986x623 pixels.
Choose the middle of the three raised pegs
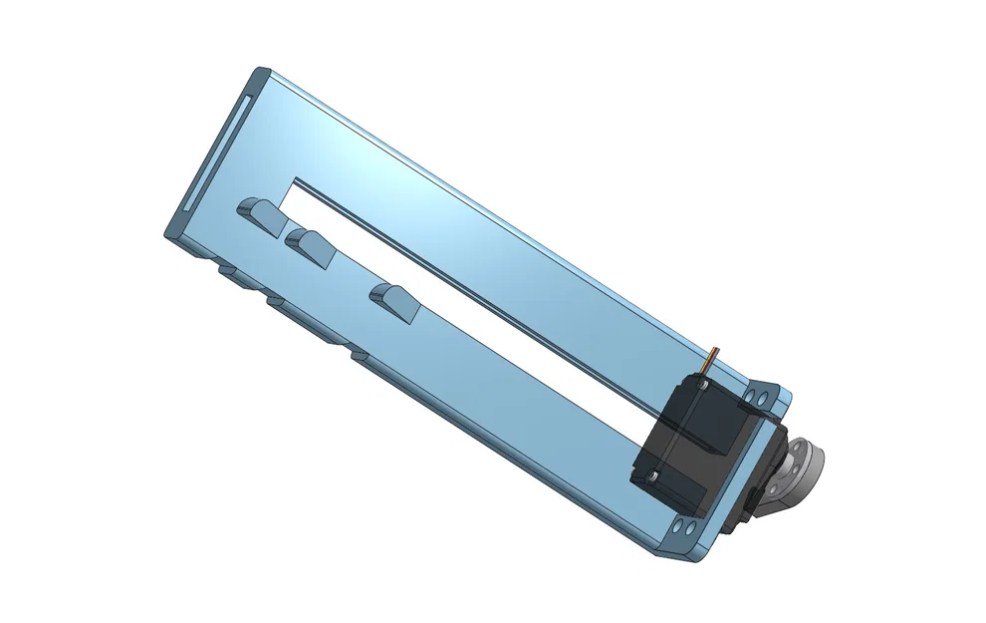coord(311,244)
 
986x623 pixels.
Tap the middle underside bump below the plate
coord(275,299)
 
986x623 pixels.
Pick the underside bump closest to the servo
coord(360,355)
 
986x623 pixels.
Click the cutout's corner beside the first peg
coord(294,182)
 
